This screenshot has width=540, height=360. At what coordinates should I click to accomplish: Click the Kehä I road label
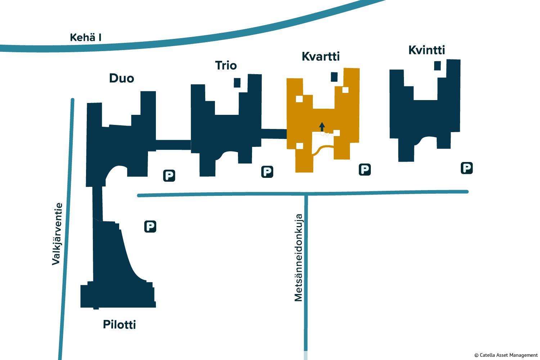tap(85, 37)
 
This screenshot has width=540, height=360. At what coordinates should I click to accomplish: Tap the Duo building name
tap(122, 78)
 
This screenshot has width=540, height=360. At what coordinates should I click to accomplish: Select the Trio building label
tap(226, 65)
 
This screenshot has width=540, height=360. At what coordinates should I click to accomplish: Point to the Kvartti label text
tap(320, 56)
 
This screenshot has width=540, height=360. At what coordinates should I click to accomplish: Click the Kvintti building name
tap(427, 50)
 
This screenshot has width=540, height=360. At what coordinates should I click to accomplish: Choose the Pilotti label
tap(119, 324)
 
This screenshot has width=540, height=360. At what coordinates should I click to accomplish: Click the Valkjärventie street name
tap(57, 234)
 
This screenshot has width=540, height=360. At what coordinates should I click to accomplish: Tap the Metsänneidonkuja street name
tap(298, 258)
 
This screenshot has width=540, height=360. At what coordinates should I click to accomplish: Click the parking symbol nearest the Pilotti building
tap(150, 226)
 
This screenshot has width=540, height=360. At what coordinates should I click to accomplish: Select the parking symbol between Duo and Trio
tap(169, 176)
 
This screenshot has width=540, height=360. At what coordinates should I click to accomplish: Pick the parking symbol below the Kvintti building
tap(467, 168)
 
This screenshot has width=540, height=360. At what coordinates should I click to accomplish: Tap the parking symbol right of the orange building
tap(365, 170)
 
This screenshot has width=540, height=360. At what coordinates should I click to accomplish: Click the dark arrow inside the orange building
tap(322, 127)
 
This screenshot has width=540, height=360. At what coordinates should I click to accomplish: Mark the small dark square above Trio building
tap(237, 82)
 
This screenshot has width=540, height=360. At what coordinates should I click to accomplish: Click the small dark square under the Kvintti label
tap(437, 66)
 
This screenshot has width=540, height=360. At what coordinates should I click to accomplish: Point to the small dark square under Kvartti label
tap(334, 77)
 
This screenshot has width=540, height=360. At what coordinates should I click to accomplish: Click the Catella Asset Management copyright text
tap(506, 355)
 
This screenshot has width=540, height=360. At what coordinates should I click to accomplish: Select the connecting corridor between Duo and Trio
tap(173, 145)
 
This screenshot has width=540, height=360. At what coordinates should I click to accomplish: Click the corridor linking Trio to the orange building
tap(274, 134)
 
